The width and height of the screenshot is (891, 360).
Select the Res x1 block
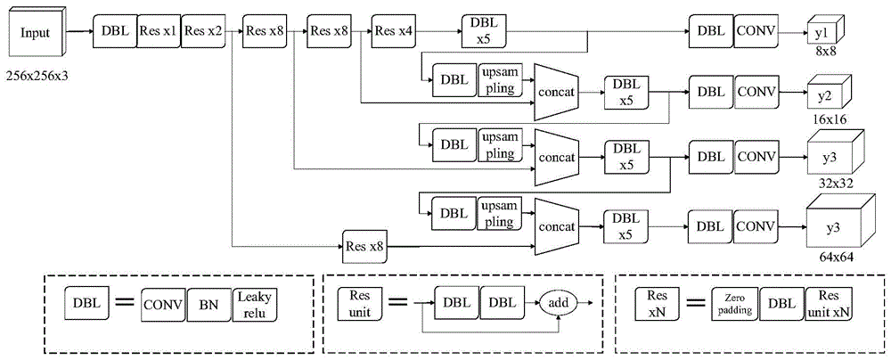pos(158,30)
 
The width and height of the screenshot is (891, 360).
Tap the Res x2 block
pos(202,30)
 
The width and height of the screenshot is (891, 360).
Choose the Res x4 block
pos(394,30)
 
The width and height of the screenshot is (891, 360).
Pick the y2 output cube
pos(828,93)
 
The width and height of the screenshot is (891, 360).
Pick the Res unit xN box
pos(828,305)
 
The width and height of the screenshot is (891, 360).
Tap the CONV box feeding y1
pos(756,31)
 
